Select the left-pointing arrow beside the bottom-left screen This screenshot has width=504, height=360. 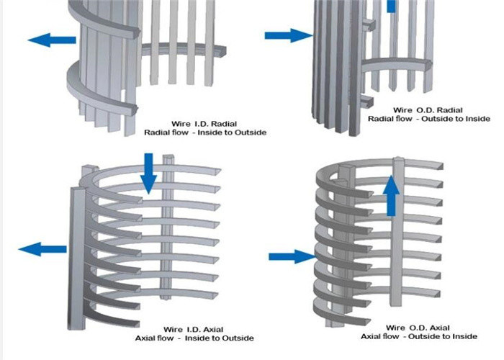pyautogui.click(x=42, y=250)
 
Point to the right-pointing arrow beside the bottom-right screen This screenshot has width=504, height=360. pyautogui.click(x=291, y=256)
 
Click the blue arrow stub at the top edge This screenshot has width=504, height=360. pyautogui.click(x=391, y=6)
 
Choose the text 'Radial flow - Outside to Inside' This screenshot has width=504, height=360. pyautogui.click(x=429, y=119)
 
